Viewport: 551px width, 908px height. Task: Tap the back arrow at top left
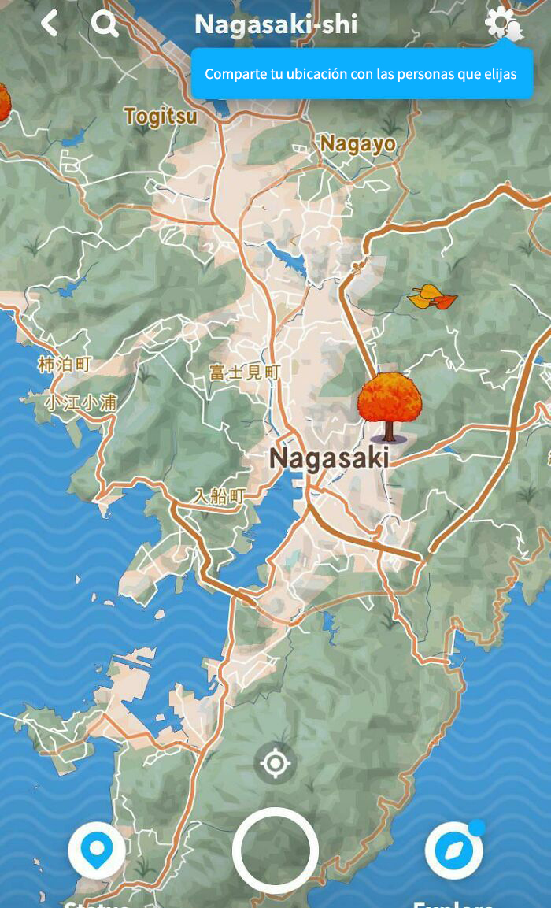pos(49,23)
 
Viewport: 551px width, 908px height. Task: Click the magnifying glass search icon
pos(105,24)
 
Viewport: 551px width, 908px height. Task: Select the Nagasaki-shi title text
pos(275,24)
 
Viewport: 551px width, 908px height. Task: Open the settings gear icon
pos(501,23)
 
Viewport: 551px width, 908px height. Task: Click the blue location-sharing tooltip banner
pos(361,74)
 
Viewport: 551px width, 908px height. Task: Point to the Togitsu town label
pos(161,117)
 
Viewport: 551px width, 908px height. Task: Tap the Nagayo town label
pos(357,143)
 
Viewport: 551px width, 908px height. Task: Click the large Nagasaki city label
pos(329,458)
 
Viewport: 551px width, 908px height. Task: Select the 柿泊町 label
pos(65,364)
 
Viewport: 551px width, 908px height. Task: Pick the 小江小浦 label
pos(80,402)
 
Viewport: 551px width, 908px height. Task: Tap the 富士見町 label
pos(244,372)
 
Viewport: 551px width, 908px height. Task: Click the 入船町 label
pos(220,496)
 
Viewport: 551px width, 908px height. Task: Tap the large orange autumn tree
pos(389,404)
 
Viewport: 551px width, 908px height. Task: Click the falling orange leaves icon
pos(432,297)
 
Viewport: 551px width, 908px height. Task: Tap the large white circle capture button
pos(275,851)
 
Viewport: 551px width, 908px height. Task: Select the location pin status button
pos(96,851)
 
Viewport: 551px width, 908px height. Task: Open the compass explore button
pos(453,851)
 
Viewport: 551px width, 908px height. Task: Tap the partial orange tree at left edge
pos(4,102)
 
